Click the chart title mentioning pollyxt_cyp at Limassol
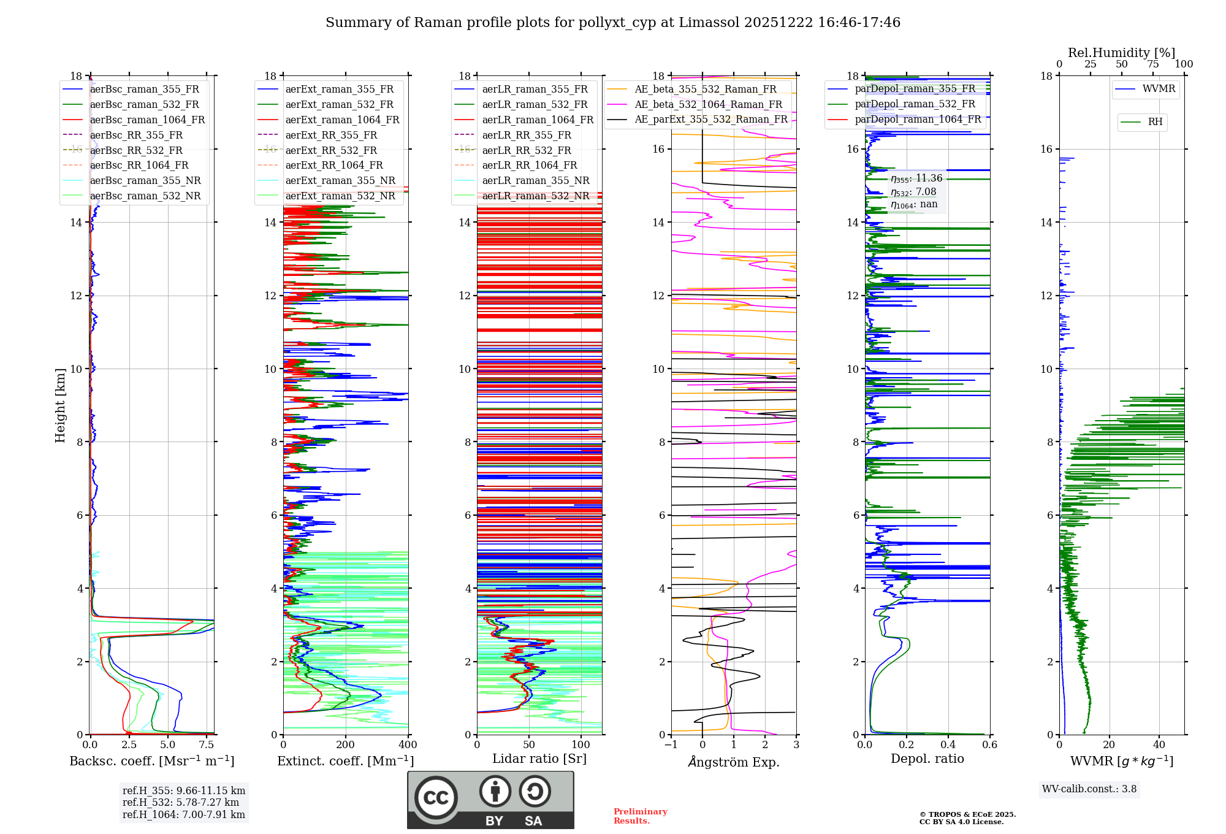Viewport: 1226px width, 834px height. coord(612,23)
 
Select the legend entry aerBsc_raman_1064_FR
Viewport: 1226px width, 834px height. coord(147,120)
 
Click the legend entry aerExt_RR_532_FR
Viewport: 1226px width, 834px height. coord(331,150)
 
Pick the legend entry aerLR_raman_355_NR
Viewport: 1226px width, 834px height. coord(535,181)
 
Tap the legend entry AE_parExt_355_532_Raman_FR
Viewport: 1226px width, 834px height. coord(710,120)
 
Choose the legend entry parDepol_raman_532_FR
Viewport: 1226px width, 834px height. coord(915,104)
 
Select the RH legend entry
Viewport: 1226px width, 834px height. coord(1155,122)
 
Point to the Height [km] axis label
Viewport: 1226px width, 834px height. coord(60,405)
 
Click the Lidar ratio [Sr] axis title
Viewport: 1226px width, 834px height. coord(539,759)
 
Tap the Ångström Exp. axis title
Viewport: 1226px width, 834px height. coord(734,762)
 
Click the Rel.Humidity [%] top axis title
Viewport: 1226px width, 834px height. coord(1121,53)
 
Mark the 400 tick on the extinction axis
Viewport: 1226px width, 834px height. coord(408,745)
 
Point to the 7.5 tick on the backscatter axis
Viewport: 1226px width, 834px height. coord(207,745)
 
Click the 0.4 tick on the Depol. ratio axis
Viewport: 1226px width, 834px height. coord(948,745)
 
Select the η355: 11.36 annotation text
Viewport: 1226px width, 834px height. coord(916,178)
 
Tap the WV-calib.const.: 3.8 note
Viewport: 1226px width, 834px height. coord(1089,789)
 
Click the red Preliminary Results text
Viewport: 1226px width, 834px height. coord(640,816)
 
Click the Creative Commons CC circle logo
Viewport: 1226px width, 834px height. coord(436,798)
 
